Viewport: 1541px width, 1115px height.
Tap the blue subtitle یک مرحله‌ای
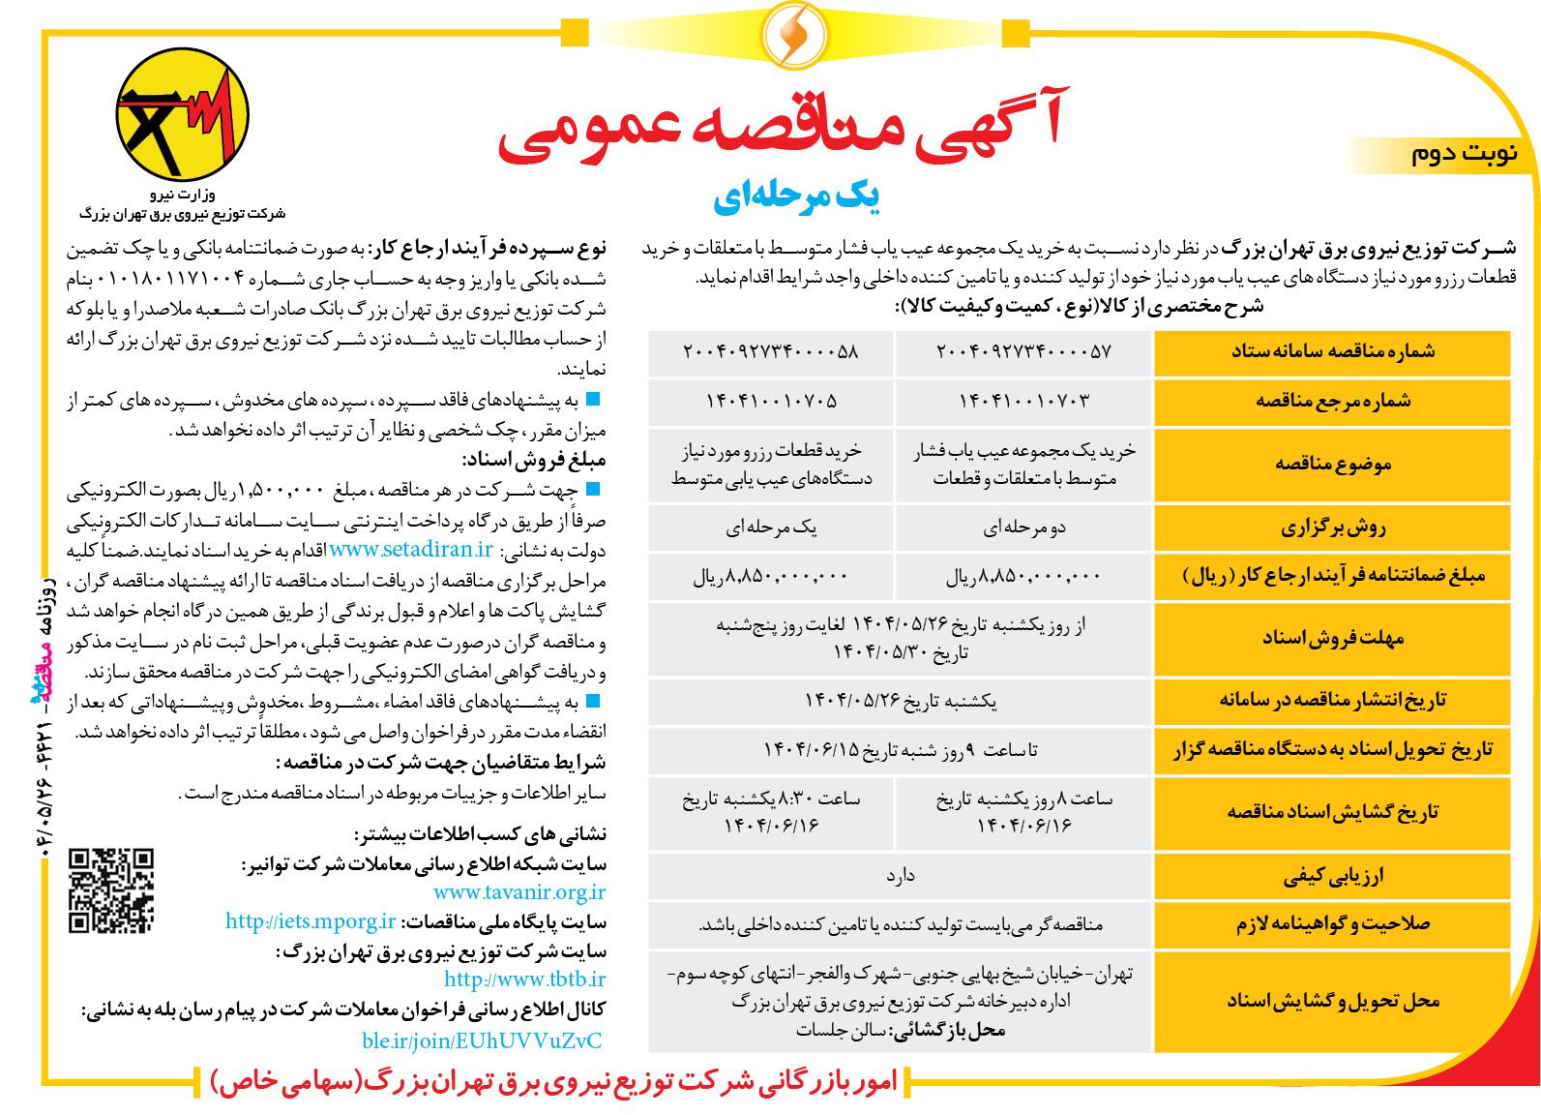click(x=796, y=196)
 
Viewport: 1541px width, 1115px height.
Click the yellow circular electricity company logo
click(x=183, y=115)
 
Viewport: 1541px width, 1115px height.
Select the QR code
click(x=111, y=890)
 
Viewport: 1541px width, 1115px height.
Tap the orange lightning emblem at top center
click(x=794, y=34)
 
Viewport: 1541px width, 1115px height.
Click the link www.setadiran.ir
click(x=411, y=550)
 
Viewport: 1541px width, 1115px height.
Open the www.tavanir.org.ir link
click(x=519, y=892)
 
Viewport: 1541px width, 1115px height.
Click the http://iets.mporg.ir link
click(x=311, y=921)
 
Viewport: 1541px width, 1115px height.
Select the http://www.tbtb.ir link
click(x=524, y=979)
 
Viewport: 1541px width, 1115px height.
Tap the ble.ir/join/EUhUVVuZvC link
click(x=482, y=1040)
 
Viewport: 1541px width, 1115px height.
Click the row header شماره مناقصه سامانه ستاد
click(x=1332, y=352)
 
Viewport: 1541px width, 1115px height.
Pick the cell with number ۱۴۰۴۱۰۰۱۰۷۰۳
click(x=1023, y=401)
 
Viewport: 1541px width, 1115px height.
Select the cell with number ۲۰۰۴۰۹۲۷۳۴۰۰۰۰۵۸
click(x=771, y=352)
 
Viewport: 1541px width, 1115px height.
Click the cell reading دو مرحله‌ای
click(x=1023, y=527)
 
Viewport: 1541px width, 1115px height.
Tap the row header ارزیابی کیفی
click(x=1332, y=877)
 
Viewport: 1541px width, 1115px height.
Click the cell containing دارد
click(x=900, y=877)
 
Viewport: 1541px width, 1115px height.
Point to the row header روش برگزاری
click(x=1332, y=527)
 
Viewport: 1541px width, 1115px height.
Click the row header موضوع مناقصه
click(x=1332, y=465)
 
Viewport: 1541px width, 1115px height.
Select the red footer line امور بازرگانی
click(x=553, y=1081)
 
